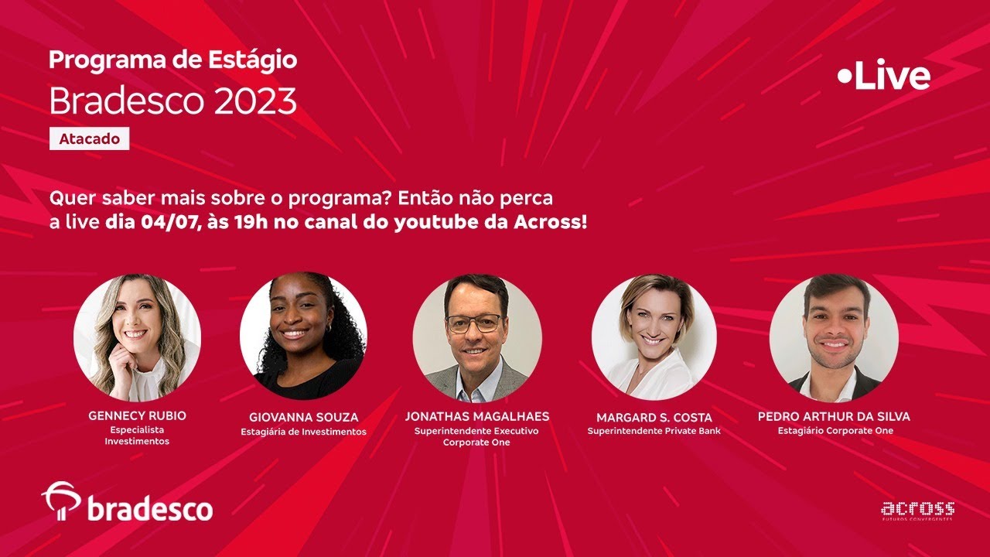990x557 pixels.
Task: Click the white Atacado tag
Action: pyautogui.click(x=89, y=139)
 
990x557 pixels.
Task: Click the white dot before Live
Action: pyautogui.click(x=845, y=76)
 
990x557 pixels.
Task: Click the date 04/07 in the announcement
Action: pyautogui.click(x=165, y=223)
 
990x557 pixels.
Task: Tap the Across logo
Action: pyautogui.click(x=917, y=510)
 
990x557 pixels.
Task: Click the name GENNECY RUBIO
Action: pyautogui.click(x=137, y=415)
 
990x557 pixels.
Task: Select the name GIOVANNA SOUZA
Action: pyautogui.click(x=304, y=418)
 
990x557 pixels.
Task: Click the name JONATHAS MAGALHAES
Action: pyautogui.click(x=476, y=416)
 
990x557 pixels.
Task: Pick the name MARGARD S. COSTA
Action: pyautogui.click(x=654, y=418)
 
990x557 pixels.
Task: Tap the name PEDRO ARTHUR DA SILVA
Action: pyautogui.click(x=834, y=416)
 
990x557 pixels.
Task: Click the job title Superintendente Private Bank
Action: pyautogui.click(x=654, y=431)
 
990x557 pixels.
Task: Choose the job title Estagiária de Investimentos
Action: pyautogui.click(x=304, y=432)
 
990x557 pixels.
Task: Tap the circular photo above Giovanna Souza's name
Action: pyautogui.click(x=303, y=336)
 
